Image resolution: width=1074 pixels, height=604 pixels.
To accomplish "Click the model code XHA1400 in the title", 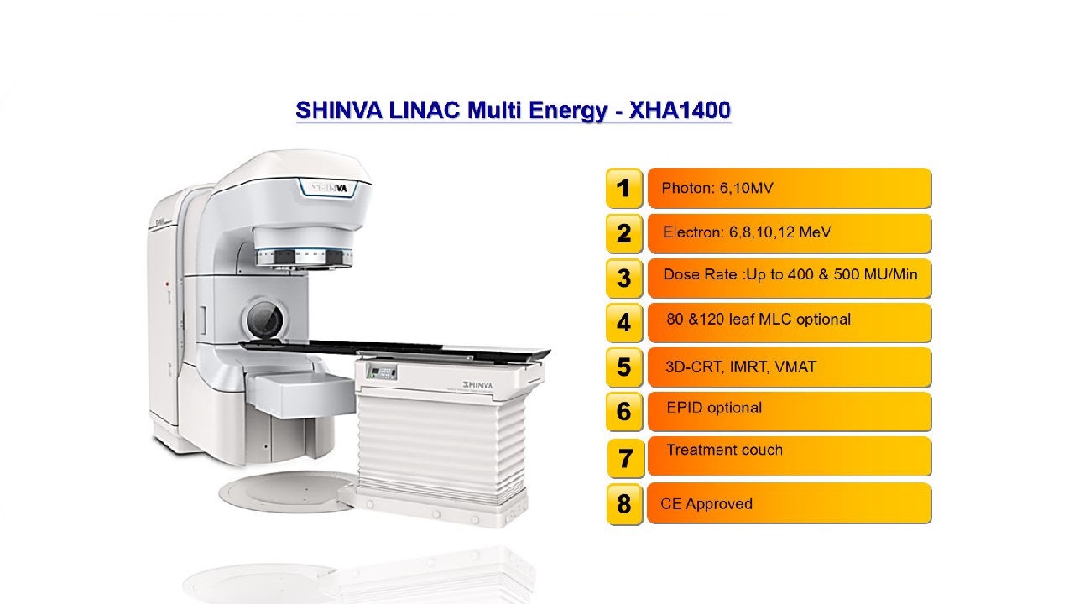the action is [x=680, y=110].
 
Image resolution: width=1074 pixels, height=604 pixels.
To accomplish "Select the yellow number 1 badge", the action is [x=623, y=188].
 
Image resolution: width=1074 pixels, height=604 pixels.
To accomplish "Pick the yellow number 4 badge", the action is [x=623, y=322].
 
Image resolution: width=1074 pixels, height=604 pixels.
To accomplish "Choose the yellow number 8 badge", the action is [x=623, y=504].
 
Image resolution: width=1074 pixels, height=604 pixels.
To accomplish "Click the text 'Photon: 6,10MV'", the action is [x=717, y=188].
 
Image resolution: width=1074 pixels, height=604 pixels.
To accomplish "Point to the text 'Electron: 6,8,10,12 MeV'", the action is [x=747, y=232].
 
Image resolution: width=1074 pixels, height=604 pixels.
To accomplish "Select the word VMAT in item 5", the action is [x=795, y=367].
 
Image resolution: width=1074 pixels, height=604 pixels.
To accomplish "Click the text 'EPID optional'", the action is [x=714, y=408].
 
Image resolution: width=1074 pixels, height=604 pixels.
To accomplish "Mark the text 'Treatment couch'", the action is [x=724, y=450].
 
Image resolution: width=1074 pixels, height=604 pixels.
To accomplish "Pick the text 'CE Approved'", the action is [x=706, y=504].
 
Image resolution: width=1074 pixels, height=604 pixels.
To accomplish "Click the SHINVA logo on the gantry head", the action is [x=330, y=187].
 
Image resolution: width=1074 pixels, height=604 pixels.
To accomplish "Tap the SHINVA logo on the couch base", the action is [x=477, y=384].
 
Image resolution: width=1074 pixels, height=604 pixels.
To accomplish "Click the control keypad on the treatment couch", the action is [x=382, y=371].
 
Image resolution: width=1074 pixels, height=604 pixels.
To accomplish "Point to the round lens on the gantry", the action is [x=264, y=318].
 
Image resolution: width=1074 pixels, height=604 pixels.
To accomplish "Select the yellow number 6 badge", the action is [x=623, y=411].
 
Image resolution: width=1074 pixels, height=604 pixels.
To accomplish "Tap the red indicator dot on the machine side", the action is [x=167, y=284].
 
